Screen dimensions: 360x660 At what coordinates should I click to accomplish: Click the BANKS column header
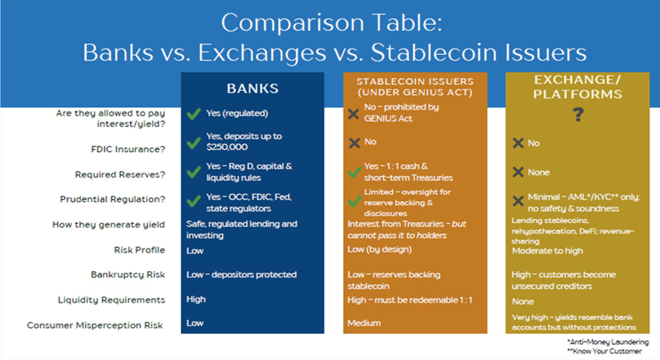point(252,88)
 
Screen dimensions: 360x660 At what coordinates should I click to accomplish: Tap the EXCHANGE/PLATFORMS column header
point(577,87)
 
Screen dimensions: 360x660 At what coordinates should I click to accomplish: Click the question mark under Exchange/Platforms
point(577,115)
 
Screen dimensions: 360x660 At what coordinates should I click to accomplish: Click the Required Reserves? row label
point(120,175)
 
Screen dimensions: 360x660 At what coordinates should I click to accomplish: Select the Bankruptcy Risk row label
point(128,274)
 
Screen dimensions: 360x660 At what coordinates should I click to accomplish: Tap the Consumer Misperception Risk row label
point(95,325)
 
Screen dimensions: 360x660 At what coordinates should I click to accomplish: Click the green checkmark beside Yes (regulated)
point(193,114)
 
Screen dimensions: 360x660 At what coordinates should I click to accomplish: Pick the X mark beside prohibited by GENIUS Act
point(354,113)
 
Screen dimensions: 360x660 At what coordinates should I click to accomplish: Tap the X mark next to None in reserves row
point(518,173)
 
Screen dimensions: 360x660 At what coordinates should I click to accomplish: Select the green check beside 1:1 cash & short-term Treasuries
point(355,173)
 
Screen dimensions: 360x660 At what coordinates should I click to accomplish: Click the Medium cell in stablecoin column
point(364,323)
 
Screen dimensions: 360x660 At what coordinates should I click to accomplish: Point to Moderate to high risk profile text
point(547,251)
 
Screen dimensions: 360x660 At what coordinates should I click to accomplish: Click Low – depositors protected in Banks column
point(241,274)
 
